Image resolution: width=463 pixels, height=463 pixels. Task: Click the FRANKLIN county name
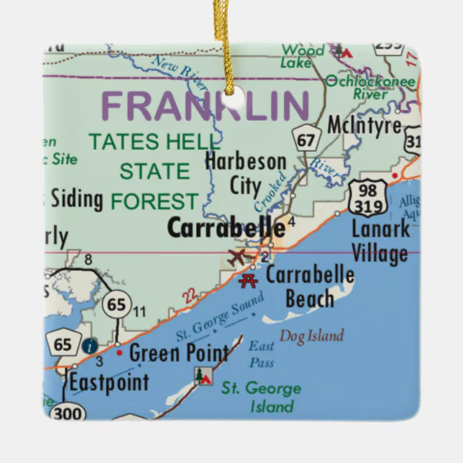(207, 106)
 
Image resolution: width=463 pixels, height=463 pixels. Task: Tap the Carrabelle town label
(226, 228)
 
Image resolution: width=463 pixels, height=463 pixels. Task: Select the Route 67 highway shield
(306, 139)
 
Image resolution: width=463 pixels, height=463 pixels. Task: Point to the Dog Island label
(311, 336)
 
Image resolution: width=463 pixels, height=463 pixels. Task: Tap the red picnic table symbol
(249, 280)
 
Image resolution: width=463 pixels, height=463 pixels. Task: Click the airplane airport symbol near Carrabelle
(237, 257)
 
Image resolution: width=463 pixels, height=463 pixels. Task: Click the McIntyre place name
(364, 124)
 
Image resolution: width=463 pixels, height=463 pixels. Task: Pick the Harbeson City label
(245, 173)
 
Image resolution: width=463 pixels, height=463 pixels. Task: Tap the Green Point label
(178, 353)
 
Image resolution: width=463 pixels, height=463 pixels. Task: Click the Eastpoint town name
(109, 382)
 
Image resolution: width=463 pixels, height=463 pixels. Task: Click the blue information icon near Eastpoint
(89, 346)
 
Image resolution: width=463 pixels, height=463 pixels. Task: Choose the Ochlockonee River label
(370, 87)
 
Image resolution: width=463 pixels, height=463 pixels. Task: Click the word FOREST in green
(154, 201)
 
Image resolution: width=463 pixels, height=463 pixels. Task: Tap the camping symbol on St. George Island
(202, 375)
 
